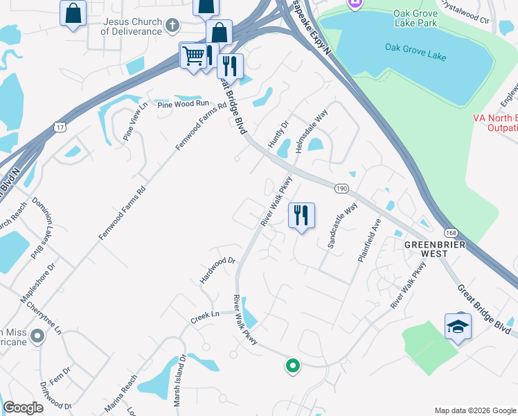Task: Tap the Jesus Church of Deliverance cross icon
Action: click(x=172, y=26)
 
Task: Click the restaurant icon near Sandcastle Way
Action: click(x=301, y=216)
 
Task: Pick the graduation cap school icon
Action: click(x=458, y=326)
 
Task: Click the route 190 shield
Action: click(x=341, y=188)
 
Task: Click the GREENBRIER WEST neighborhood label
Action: click(x=433, y=249)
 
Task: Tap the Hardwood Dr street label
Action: click(x=219, y=266)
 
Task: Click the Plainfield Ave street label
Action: click(x=370, y=240)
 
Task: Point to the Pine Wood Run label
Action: click(x=183, y=103)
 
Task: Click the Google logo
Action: click(x=23, y=408)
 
